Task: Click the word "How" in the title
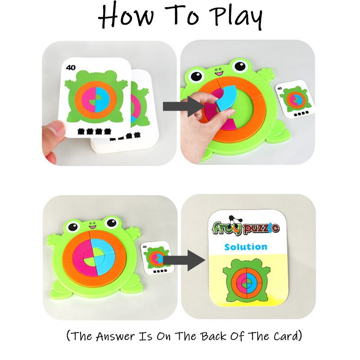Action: [x=126, y=16]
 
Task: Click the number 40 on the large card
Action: [x=71, y=67]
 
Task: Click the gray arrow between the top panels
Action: [x=183, y=106]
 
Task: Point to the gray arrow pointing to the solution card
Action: [x=184, y=260]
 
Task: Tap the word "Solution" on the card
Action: [x=246, y=247]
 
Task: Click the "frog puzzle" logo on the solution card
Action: [x=245, y=227]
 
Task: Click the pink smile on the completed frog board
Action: [x=93, y=227]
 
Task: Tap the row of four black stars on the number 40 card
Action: [x=94, y=131]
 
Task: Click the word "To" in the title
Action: [x=182, y=15]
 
